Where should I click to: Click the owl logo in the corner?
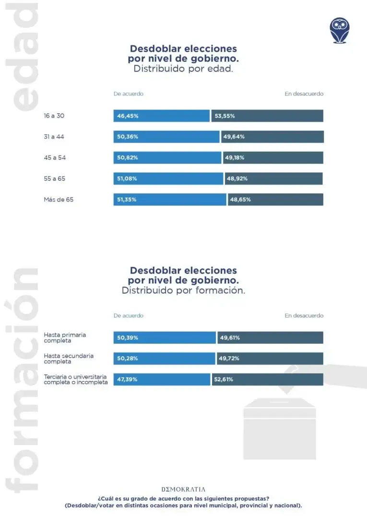pyautogui.click(x=340, y=30)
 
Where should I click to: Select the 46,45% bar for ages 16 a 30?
pyautogui.click(x=162, y=116)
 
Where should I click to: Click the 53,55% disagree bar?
pyautogui.click(x=267, y=116)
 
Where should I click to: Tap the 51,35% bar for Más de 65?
pyautogui.click(x=170, y=200)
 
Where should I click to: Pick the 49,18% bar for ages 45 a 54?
pyautogui.click(x=273, y=158)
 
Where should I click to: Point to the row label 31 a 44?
pyautogui.click(x=54, y=137)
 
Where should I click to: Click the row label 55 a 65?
pyautogui.click(x=54, y=178)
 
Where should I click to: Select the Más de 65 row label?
pyautogui.click(x=59, y=200)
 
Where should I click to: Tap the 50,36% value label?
pyautogui.click(x=128, y=137)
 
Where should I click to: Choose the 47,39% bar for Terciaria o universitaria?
pyautogui.click(x=162, y=379)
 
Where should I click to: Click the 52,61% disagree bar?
pyautogui.click(x=268, y=379)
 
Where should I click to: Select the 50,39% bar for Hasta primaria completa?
pyautogui.click(x=165, y=338)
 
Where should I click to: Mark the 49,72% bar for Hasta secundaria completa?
pyautogui.click(x=270, y=359)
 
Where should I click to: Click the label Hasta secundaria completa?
pyautogui.click(x=69, y=359)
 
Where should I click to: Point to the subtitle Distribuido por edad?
pyautogui.click(x=183, y=69)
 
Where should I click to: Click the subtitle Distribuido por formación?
pyautogui.click(x=183, y=291)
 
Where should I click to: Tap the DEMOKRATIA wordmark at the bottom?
pyautogui.click(x=183, y=489)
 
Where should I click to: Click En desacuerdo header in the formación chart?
pyautogui.click(x=304, y=316)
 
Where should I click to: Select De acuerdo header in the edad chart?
pyautogui.click(x=128, y=94)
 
